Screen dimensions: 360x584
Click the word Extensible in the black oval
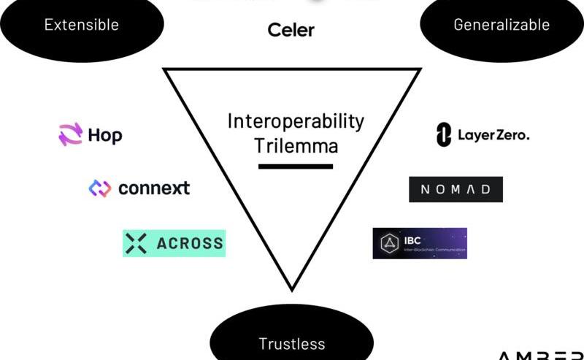tap(81, 25)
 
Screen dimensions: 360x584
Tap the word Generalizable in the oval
tap(502, 25)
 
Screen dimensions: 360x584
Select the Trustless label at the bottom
tap(291, 343)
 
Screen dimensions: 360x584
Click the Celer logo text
tap(291, 30)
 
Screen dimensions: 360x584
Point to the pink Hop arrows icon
tap(71, 135)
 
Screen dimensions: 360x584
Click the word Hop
tap(105, 136)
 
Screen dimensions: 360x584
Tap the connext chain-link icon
tap(99, 188)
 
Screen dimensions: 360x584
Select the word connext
tap(153, 188)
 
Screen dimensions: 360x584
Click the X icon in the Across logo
tap(137, 243)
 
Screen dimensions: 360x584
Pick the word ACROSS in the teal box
tap(190, 243)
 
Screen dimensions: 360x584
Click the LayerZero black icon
tap(442, 135)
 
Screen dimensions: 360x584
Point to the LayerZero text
tap(493, 135)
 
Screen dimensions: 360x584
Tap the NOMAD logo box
tap(456, 190)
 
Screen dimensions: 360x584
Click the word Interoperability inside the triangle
tap(295, 121)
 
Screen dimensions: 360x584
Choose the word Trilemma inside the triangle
tap(296, 145)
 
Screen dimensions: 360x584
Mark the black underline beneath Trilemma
tap(295, 166)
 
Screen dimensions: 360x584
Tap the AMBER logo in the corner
tap(540, 355)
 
